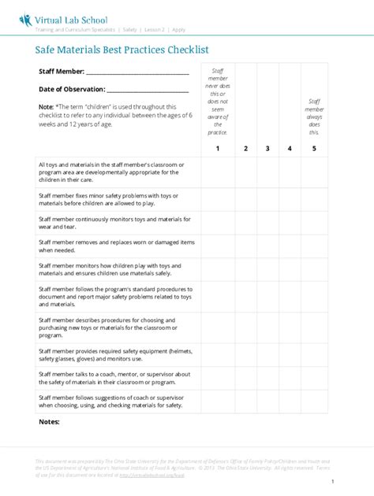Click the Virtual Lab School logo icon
click(26, 19)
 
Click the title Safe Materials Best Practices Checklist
click(122, 49)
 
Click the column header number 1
click(218, 148)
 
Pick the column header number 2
click(246, 148)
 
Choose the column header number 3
click(268, 148)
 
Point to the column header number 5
click(314, 148)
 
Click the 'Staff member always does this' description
click(315, 117)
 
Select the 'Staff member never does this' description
click(218, 101)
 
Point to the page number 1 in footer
click(333, 481)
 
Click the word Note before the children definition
click(46, 105)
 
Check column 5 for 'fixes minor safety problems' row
click(314, 198)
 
